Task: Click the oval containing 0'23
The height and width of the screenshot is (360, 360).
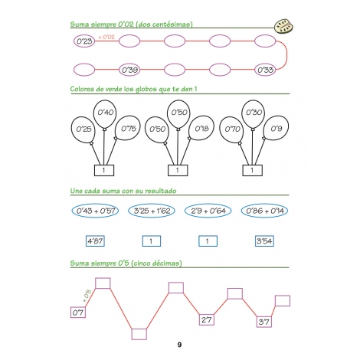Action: point(84,41)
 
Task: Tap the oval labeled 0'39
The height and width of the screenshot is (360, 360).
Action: point(129,70)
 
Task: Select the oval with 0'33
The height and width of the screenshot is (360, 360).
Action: point(265,70)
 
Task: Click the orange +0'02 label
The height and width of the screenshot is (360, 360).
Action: point(106,37)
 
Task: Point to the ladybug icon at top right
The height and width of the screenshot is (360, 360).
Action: point(283,26)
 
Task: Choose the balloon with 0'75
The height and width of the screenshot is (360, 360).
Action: point(127,128)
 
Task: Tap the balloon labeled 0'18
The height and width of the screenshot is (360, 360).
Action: point(201,128)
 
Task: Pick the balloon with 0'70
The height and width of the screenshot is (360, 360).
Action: point(231,130)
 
